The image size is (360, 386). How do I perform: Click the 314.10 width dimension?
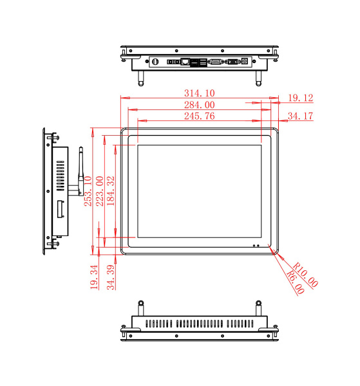[200, 93]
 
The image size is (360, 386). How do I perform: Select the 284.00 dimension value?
[200, 105]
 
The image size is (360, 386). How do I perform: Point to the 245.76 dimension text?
[200, 116]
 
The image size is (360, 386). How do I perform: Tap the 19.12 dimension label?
[300, 98]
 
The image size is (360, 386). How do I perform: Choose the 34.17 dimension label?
[300, 116]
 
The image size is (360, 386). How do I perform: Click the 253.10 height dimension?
[88, 191]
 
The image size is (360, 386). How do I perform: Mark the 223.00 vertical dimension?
[100, 191]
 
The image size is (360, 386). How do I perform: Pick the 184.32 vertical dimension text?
[111, 191]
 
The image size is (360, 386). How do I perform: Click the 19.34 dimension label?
[94, 277]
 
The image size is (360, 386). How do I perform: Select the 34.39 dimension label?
[111, 277]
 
